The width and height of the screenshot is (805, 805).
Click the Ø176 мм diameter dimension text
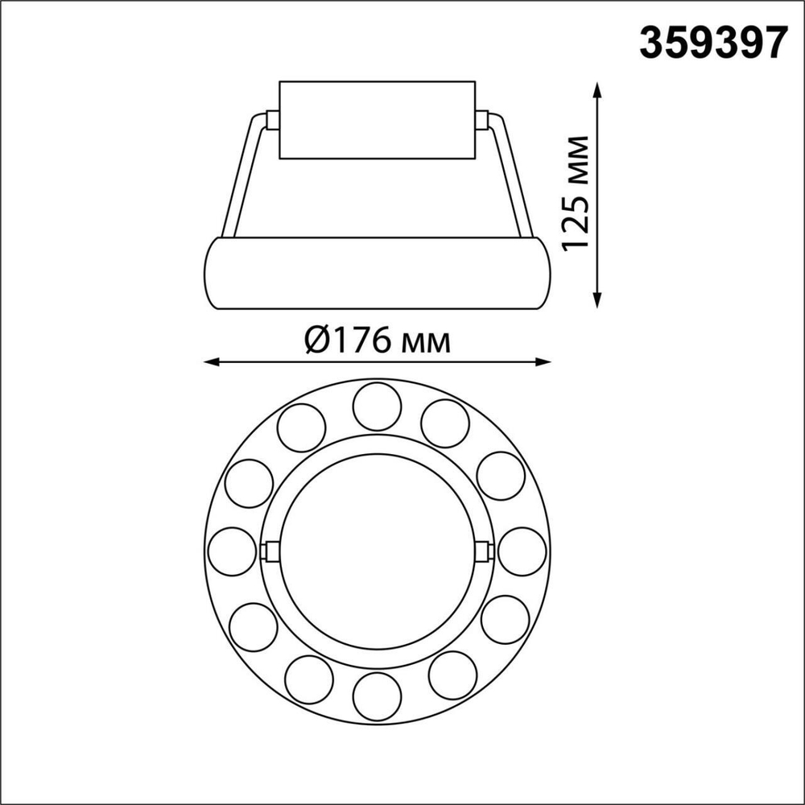click(x=378, y=341)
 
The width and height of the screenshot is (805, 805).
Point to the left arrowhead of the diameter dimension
click(x=211, y=362)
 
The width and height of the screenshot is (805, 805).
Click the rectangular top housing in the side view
click(x=377, y=119)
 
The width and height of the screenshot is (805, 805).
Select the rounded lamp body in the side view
click(x=377, y=273)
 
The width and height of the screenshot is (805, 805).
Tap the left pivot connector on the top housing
click(x=271, y=121)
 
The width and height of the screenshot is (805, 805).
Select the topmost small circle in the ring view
click(x=377, y=407)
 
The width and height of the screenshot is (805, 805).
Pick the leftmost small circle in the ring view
click(x=232, y=551)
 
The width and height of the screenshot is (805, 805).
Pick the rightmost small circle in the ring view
click(x=522, y=551)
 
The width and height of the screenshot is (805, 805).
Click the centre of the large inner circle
click(x=377, y=551)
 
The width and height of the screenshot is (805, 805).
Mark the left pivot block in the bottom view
click(x=271, y=551)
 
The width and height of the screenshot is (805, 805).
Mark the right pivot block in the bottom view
click(x=483, y=551)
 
